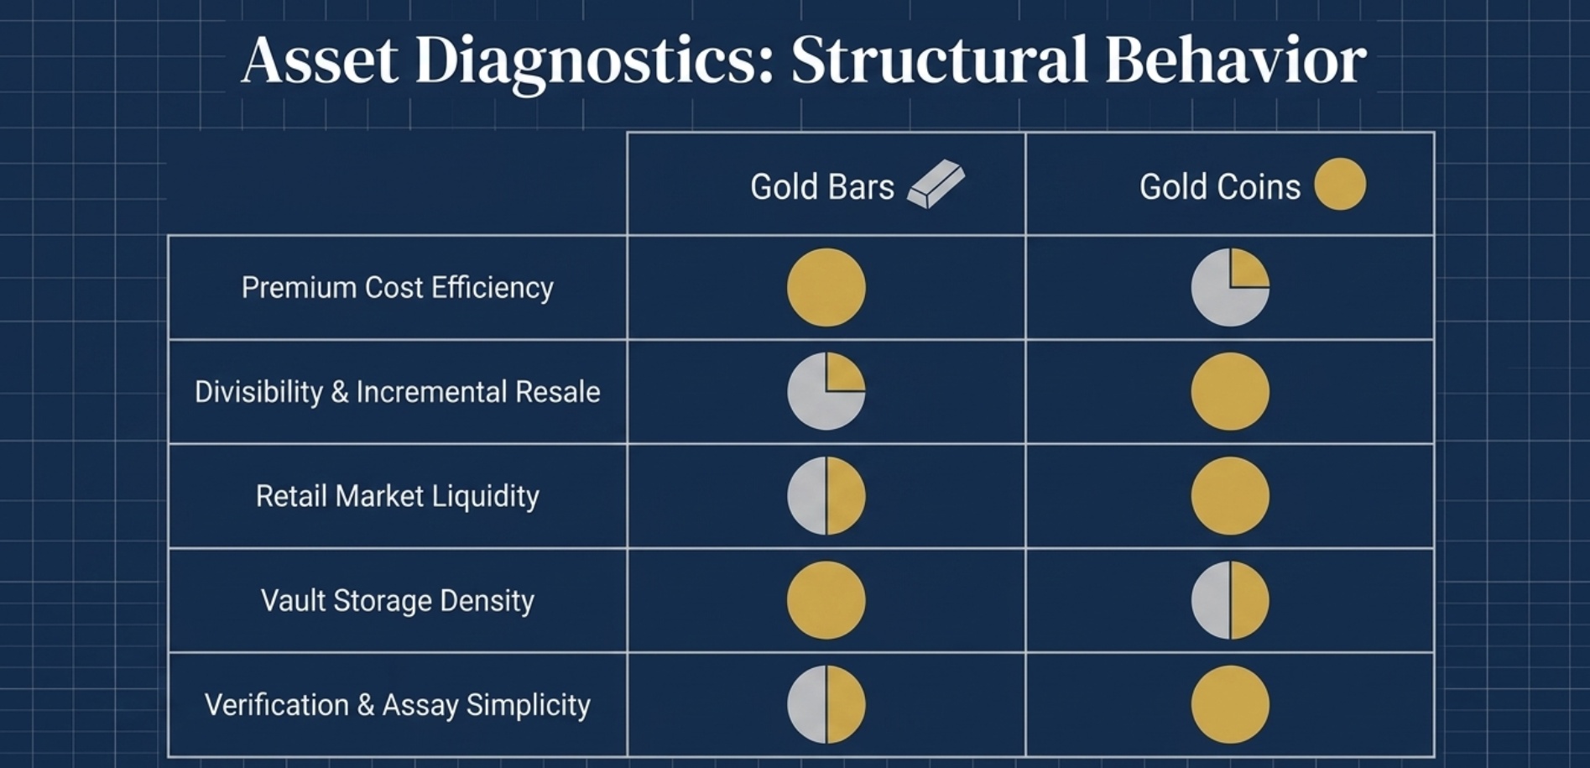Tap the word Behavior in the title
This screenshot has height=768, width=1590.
pos(1235,60)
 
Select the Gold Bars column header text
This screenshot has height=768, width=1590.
pos(821,186)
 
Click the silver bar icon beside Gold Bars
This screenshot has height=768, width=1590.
pos(936,184)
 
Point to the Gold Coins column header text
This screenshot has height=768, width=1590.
pos(1219,186)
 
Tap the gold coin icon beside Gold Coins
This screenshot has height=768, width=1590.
pos(1339,184)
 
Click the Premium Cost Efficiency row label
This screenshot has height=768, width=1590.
pos(397,288)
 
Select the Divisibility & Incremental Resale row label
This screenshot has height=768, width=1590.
pos(397,392)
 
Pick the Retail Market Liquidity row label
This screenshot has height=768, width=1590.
pos(397,496)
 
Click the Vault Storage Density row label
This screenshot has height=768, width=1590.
pos(397,601)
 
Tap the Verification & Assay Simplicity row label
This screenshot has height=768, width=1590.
pos(397,705)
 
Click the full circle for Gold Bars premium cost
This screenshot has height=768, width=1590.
pos(826,287)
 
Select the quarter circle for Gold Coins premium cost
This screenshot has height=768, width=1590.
pos(1230,287)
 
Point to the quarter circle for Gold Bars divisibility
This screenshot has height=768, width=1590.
pos(826,391)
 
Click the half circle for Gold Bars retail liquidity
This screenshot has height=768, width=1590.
pos(826,496)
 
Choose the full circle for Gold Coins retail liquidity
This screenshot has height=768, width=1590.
pos(1230,496)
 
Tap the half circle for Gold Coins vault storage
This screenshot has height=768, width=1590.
pos(1230,600)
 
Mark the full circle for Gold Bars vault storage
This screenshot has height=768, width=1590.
pos(826,600)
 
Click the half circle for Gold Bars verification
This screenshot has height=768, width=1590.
pos(826,704)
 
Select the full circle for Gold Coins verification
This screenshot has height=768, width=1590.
pos(1230,704)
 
